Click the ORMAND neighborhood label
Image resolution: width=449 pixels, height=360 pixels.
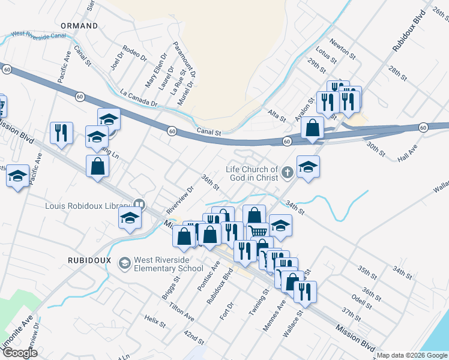tap(79, 26)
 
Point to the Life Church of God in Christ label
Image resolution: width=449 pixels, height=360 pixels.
tap(252, 173)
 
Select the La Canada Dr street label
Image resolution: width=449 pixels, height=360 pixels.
tap(138, 98)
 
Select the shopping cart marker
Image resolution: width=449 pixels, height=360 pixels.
tap(258, 232)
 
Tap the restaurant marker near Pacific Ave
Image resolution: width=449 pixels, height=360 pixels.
tap(61, 133)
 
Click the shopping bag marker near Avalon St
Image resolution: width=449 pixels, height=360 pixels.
tap(313, 127)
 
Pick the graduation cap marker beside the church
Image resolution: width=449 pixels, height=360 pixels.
tap(308, 166)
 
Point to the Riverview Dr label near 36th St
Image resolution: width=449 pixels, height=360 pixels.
tap(183, 195)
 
